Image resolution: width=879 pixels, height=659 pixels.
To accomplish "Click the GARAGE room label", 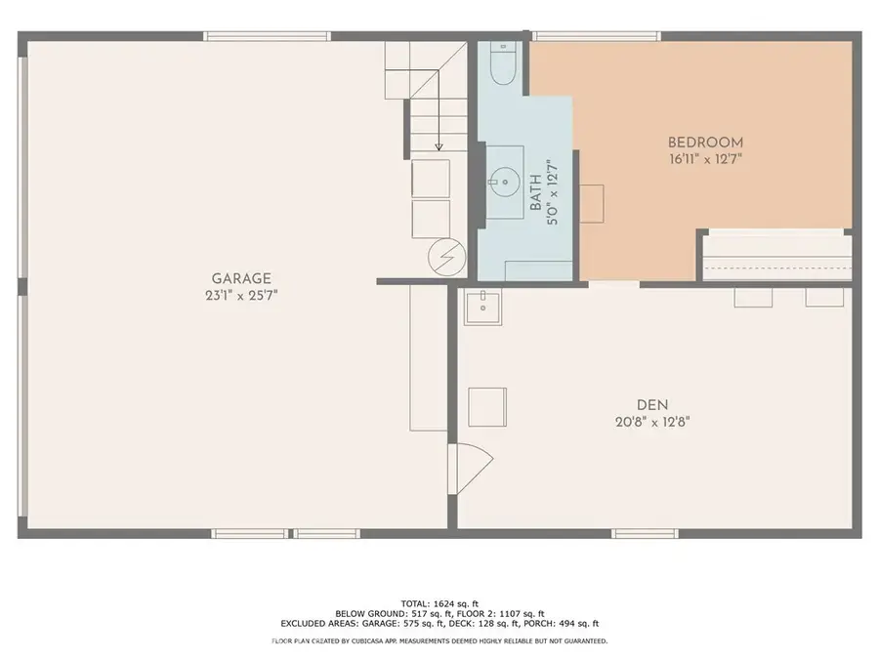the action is tap(241, 278).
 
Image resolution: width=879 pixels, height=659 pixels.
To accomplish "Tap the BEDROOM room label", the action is tap(705, 143).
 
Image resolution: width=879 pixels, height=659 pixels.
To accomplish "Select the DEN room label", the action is tap(652, 404).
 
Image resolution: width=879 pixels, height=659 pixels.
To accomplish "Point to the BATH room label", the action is tap(536, 192).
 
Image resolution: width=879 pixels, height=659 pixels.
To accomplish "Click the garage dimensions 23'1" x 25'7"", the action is tap(241, 295).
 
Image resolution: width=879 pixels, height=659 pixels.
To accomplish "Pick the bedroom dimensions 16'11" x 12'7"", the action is tap(705, 159).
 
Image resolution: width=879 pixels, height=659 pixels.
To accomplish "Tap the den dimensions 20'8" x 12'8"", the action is tap(652, 422).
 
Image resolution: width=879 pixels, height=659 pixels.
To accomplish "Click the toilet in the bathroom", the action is tap(502, 62).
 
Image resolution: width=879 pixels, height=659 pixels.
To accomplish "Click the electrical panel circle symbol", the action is tap(446, 257).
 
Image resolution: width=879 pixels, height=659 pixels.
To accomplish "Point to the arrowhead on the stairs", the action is tap(439, 146).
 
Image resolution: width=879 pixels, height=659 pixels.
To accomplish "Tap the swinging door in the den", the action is tap(470, 469).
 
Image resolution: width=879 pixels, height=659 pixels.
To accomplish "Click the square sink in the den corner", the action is tap(482, 308).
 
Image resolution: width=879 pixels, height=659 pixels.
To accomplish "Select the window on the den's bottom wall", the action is tap(645, 533).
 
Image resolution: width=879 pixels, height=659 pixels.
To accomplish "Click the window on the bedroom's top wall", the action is tap(596, 36).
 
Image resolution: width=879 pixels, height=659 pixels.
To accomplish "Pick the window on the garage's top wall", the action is tap(267, 36).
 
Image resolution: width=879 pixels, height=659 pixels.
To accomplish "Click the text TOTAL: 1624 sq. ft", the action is tap(439, 604).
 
